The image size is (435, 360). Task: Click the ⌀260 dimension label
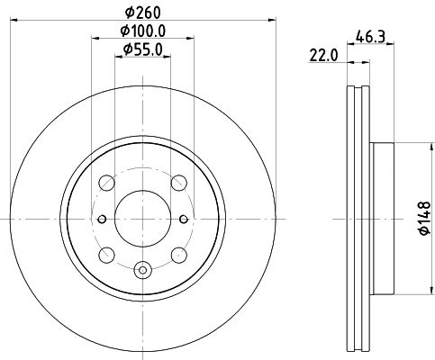click(143, 13)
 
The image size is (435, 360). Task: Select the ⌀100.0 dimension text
click(143, 31)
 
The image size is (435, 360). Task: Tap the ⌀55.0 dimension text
click(143, 49)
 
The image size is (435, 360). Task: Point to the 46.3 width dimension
click(370, 37)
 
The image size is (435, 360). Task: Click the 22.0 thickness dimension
click(323, 56)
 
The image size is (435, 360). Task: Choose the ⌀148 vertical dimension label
click(424, 218)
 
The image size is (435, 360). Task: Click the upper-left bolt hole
click(106, 183)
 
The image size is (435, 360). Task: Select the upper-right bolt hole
click(179, 183)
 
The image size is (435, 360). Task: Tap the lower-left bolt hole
click(106, 256)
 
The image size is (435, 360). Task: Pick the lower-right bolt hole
click(179, 256)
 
